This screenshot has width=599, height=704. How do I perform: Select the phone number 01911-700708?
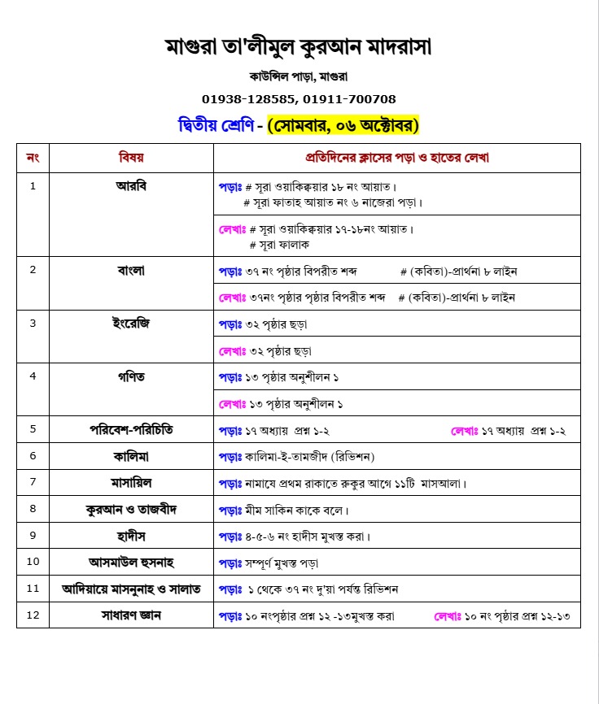coord(348,99)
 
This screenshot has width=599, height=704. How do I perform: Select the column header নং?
coord(33,158)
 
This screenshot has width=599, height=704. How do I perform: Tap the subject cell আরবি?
coord(131,185)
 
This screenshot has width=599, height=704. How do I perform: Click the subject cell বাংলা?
coord(131,271)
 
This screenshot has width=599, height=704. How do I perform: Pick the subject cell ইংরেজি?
coord(131,323)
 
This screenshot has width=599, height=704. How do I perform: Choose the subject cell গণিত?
coord(131,376)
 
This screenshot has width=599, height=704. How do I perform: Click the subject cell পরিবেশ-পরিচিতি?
coord(131,429)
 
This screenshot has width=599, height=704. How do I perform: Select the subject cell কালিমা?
coord(131,455)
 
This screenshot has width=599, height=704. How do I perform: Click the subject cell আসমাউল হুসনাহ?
coord(131,562)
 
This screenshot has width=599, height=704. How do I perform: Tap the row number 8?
coord(33,509)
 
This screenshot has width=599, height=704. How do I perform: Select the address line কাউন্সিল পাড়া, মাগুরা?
coord(299,76)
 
